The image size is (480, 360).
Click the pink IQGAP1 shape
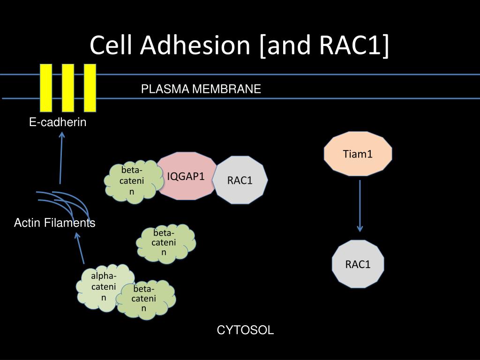[186, 176]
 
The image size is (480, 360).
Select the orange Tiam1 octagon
[358, 154]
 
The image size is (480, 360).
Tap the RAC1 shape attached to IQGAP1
[240, 180]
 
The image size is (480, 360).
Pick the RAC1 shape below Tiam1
[358, 264]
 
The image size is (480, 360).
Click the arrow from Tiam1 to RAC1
[360, 206]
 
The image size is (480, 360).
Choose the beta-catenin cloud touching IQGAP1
[132, 181]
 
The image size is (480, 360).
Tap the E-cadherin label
[58, 122]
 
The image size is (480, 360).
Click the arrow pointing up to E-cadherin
[61, 158]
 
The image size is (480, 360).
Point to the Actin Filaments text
[54, 223]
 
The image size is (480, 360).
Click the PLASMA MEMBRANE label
[201, 89]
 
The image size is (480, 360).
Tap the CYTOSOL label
[245, 330]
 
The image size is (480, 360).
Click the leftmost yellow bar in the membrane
[46, 88]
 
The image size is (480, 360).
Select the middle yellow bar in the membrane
[68, 88]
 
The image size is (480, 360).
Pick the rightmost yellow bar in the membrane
[90, 88]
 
